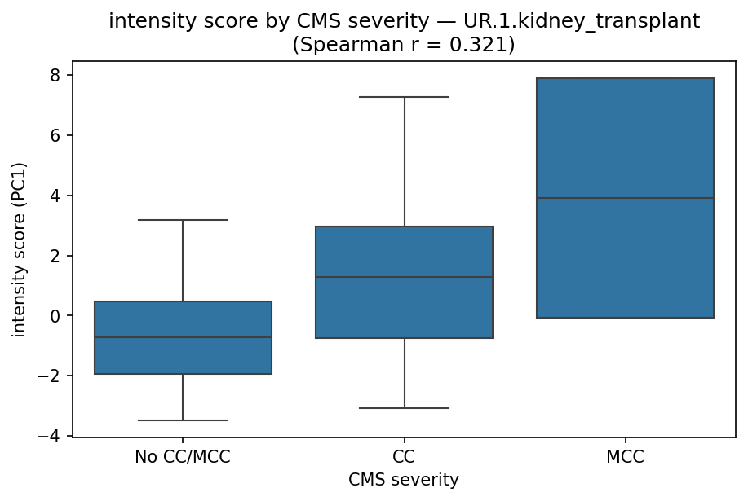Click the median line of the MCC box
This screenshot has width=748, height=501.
(x=625, y=198)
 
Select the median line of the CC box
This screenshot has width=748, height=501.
(x=404, y=277)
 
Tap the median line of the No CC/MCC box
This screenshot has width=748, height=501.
(x=183, y=337)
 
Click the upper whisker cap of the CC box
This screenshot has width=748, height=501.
(x=404, y=97)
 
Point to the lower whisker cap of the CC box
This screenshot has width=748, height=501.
(x=404, y=408)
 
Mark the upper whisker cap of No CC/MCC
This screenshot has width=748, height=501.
(x=183, y=220)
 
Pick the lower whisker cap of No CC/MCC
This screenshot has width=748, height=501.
(x=183, y=420)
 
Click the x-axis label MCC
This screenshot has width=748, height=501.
(x=625, y=457)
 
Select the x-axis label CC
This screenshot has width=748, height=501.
(x=404, y=457)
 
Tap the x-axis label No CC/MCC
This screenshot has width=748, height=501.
(x=183, y=457)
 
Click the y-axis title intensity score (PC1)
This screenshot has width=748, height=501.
(x=20, y=249)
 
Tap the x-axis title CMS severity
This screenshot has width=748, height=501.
(x=404, y=481)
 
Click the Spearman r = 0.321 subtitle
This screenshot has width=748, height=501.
(x=404, y=44)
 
